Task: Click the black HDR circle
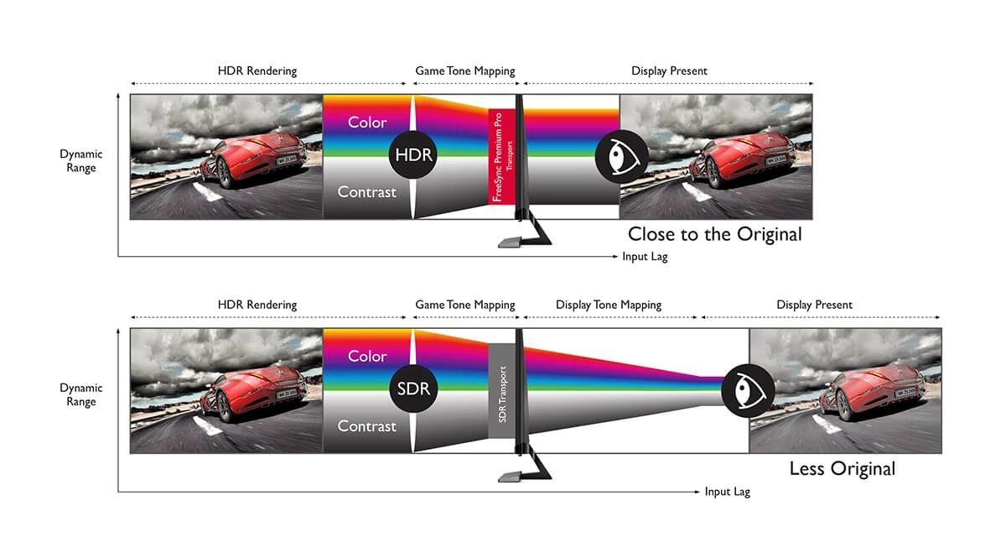point(412,155)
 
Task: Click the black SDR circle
point(412,389)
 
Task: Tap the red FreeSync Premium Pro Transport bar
point(500,156)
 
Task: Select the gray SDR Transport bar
point(500,390)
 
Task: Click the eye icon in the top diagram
point(619,156)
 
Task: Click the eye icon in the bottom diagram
point(748,389)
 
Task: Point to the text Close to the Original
point(714,234)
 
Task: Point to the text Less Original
point(842,468)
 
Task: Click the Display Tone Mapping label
point(608,305)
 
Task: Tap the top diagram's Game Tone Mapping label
point(465,70)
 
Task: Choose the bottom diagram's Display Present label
point(814,305)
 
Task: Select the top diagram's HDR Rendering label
point(257,70)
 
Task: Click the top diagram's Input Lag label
point(645,257)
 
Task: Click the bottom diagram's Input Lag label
point(727,492)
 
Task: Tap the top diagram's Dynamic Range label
point(81,161)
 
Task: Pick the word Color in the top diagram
point(367,123)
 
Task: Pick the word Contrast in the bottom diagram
point(366,426)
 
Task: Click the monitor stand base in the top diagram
point(511,242)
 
